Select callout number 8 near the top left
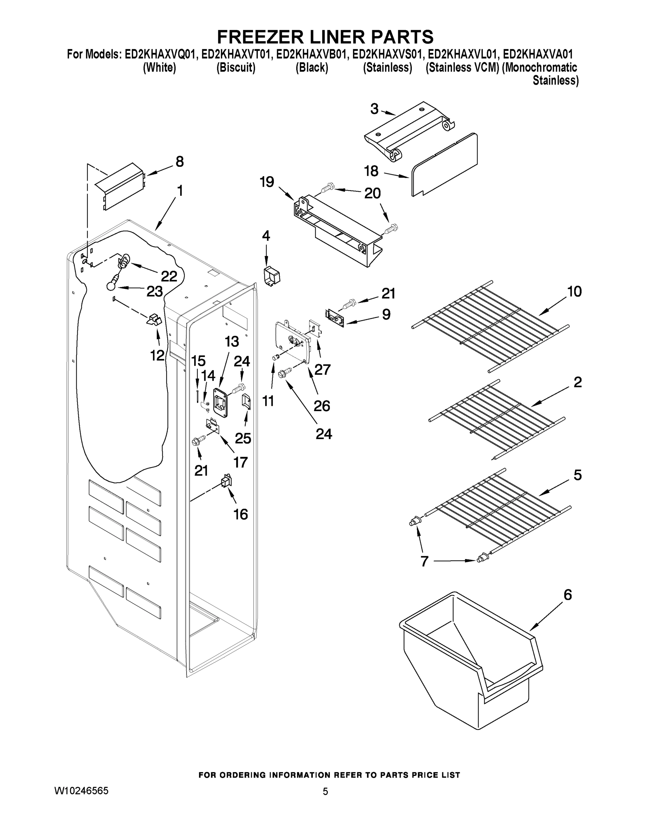(179, 162)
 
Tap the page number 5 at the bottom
(325, 791)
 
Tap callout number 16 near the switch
(241, 514)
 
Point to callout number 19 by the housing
(267, 182)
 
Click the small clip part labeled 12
(155, 320)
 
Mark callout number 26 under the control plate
(322, 406)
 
